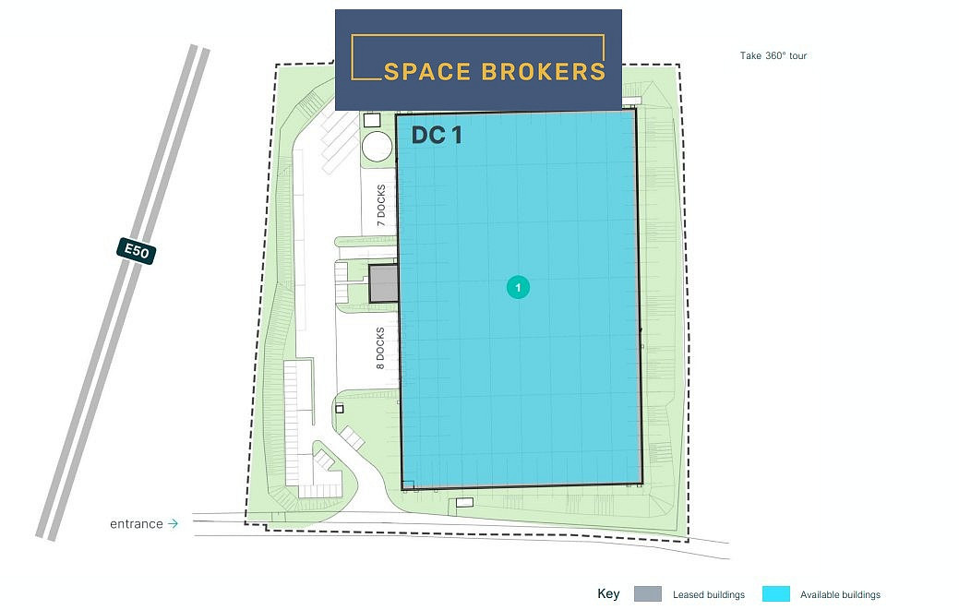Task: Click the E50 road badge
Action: click(137, 251)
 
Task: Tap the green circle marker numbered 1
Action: click(518, 287)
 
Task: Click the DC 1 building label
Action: click(437, 135)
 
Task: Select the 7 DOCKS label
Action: click(381, 206)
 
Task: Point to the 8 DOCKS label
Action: click(380, 348)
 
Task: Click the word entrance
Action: click(137, 524)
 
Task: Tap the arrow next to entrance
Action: click(174, 523)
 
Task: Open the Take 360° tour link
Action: click(773, 55)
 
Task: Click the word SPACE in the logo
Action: click(427, 71)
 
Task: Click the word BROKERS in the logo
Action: click(543, 71)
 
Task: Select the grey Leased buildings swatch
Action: click(648, 593)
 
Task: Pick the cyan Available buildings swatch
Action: click(776, 593)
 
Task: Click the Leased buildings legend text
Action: click(709, 594)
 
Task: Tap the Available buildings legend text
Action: click(840, 594)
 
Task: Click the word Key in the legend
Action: click(608, 593)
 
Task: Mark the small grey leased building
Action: click(383, 283)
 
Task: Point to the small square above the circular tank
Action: click(372, 120)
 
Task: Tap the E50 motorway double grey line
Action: click(123, 293)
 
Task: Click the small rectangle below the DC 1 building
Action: click(465, 502)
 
